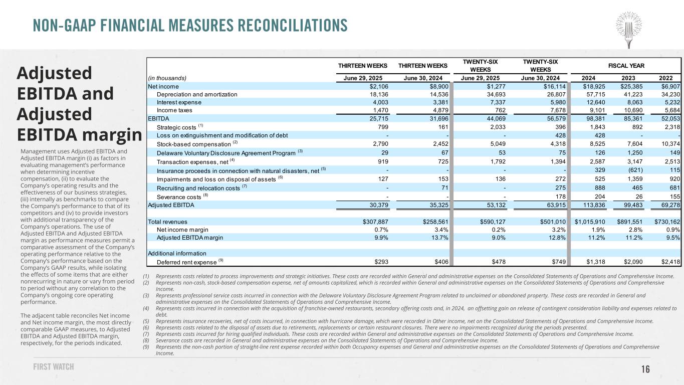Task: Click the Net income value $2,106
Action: pos(376,87)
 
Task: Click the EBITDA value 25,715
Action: pos(376,118)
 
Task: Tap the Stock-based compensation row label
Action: pos(190,144)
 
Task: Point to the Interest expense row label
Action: pos(179,102)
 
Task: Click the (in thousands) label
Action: pos(167,78)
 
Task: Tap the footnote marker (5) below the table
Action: pos(146,321)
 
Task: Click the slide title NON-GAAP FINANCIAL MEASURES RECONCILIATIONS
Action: pos(190,25)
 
